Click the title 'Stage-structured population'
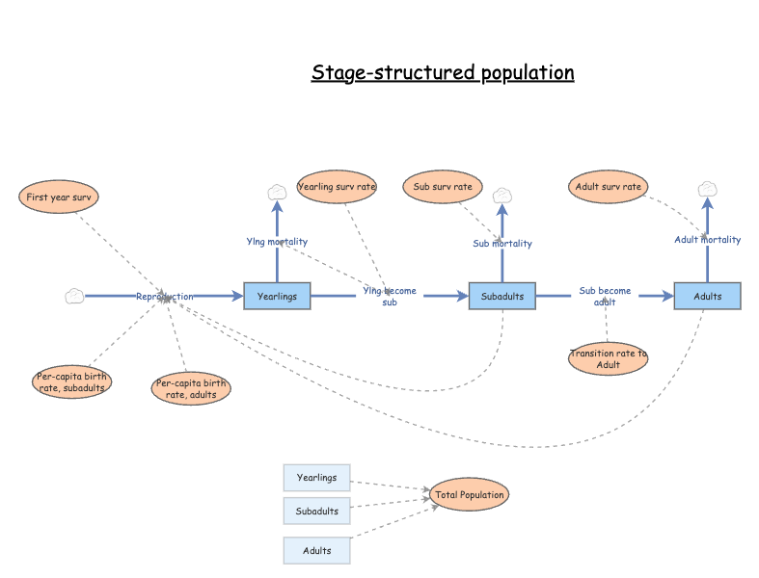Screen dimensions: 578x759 443,73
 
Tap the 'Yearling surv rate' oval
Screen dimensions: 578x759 337,186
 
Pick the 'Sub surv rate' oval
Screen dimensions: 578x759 442,186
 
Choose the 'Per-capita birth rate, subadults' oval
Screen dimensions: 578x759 72,381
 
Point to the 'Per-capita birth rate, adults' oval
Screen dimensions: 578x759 191,388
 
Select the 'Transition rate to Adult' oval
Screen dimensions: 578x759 608,358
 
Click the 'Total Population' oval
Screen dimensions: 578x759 469,495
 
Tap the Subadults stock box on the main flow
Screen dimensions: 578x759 502,296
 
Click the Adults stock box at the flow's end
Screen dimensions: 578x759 707,296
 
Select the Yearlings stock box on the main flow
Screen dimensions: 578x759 278,296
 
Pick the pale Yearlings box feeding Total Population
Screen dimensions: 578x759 316,477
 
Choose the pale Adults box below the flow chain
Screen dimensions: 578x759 316,550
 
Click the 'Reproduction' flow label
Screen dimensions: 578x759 164,296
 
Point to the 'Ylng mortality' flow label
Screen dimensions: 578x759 277,242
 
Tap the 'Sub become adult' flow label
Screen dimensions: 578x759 605,296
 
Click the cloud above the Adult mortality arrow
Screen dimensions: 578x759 707,188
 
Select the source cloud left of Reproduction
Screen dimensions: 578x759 74,296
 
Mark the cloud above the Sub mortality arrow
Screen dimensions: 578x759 501,196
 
